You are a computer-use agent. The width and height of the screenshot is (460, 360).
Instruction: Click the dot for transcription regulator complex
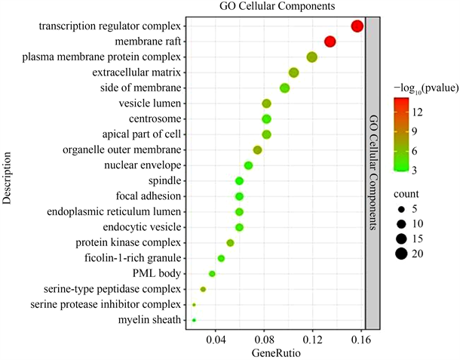pos(357,26)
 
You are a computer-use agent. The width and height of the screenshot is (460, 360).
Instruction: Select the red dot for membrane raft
pos(330,42)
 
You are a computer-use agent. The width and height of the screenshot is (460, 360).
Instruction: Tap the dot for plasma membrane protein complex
pos(311,57)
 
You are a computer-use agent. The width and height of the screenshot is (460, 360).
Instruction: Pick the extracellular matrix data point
pos(293,72)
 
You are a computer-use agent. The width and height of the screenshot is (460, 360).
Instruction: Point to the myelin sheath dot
pos(194,320)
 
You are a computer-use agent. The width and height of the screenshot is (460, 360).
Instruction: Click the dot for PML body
pos(212,273)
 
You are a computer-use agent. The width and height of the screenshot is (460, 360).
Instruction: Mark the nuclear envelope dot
pos(248,165)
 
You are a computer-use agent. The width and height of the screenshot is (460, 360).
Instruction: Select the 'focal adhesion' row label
pos(150,196)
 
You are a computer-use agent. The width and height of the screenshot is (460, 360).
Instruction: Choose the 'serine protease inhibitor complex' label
pos(106,304)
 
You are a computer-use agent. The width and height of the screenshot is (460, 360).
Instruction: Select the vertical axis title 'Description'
pos(8,179)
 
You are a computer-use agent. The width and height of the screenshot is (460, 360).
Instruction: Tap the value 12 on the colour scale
pos(416,112)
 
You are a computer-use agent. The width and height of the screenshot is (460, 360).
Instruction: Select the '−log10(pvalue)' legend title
pos(424,90)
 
